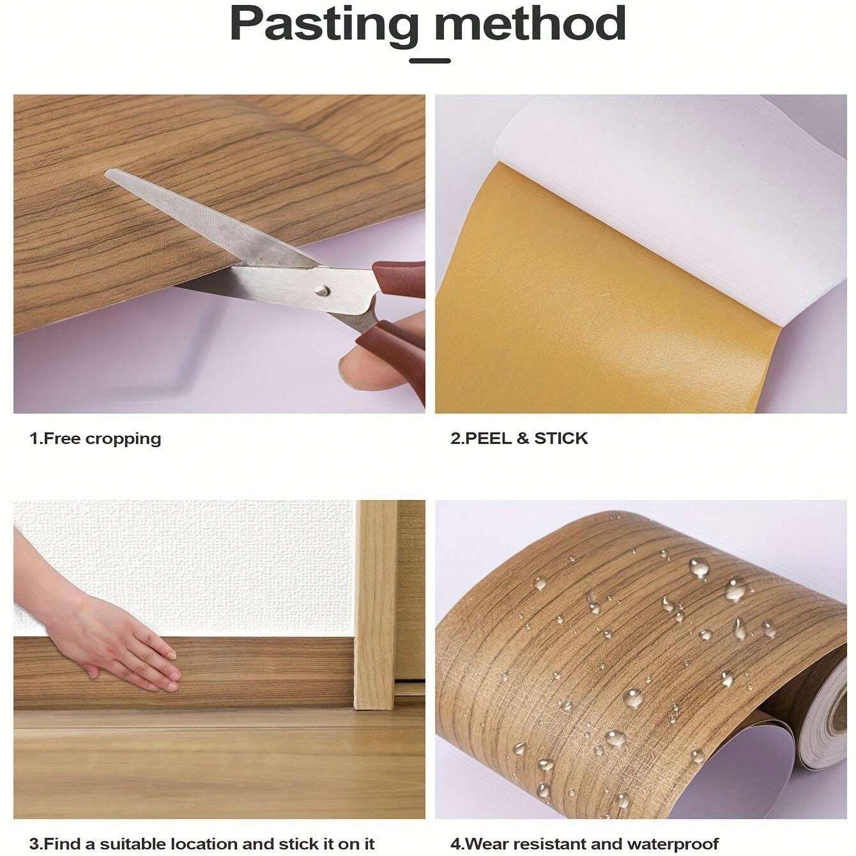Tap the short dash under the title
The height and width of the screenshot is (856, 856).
pos(429,61)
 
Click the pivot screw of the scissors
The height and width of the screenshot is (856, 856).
pos(321,291)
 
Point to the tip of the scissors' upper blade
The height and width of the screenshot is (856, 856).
pos(109,172)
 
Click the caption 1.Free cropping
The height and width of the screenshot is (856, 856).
pos(96,439)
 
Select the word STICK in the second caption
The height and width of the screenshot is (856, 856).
pos(561,439)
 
